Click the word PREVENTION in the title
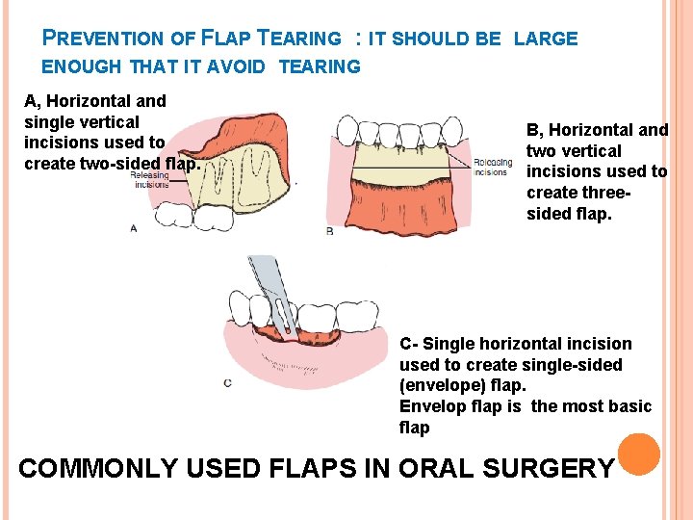[x=104, y=39]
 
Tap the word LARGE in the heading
[x=546, y=39]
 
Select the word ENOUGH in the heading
[x=82, y=66]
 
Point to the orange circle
[x=637, y=455]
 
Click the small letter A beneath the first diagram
[x=134, y=228]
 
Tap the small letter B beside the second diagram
[x=329, y=231]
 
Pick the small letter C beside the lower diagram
[x=227, y=383]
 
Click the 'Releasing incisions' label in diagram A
[x=149, y=180]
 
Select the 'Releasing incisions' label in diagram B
[x=491, y=168]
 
